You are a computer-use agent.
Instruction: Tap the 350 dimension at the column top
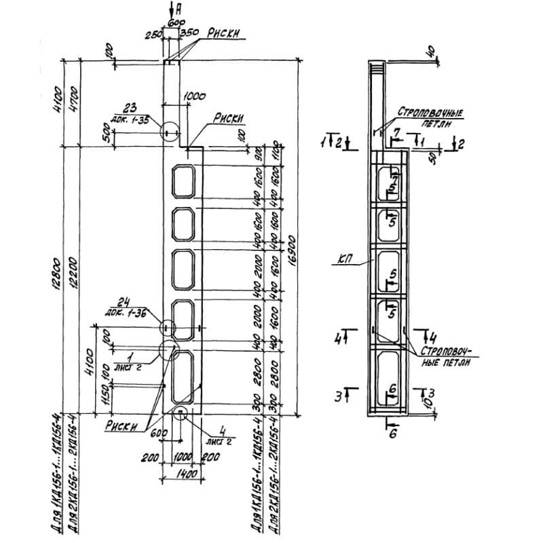pos(189,32)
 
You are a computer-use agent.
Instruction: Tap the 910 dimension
pos(259,156)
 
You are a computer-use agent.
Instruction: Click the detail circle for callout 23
pos(170,131)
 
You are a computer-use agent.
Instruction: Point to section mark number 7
pos(399,131)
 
